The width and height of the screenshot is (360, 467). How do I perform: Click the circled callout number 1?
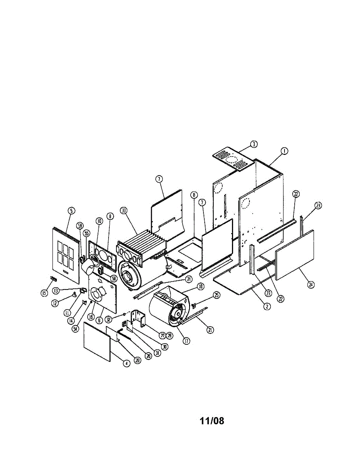[x=284, y=151]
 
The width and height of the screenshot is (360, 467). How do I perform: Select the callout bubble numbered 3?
[x=253, y=144]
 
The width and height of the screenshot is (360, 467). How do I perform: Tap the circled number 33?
[x=124, y=211]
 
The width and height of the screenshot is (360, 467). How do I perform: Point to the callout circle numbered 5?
[x=71, y=211]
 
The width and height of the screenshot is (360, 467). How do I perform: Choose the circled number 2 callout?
[x=267, y=306]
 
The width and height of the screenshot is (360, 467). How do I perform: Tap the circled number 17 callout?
[x=186, y=341]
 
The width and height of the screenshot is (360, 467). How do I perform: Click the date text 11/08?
[x=212, y=421]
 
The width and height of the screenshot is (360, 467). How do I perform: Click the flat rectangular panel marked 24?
[x=295, y=255]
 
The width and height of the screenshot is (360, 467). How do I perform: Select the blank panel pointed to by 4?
[x=97, y=346]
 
